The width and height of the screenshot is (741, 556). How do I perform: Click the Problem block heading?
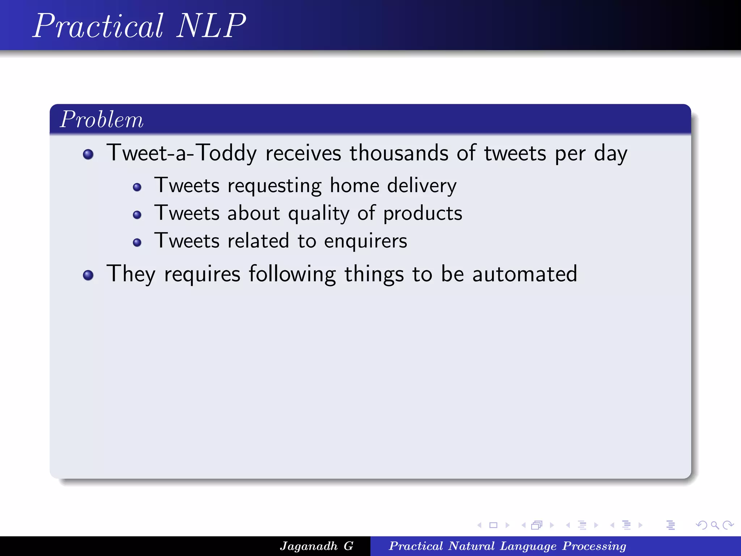102,119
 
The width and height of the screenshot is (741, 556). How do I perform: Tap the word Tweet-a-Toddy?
182,153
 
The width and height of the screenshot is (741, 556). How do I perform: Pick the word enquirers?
365,241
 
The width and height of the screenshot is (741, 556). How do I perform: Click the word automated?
525,274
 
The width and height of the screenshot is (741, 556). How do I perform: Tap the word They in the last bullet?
131,274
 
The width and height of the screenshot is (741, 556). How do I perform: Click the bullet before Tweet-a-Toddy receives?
88,155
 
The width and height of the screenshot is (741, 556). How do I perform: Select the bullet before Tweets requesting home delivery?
137,187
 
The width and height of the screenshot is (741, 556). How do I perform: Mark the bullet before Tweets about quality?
137,215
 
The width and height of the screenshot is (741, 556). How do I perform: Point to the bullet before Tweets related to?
137,243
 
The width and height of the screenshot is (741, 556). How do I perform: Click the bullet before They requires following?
88,275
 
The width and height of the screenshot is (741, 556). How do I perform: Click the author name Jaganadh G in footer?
317,546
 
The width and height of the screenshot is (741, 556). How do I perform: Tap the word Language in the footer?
528,546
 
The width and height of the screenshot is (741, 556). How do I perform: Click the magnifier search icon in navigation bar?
715,525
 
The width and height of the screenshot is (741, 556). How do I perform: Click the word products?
423,214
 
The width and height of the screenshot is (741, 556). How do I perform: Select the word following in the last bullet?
292,274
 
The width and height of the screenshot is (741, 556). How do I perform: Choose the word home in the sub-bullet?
355,186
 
